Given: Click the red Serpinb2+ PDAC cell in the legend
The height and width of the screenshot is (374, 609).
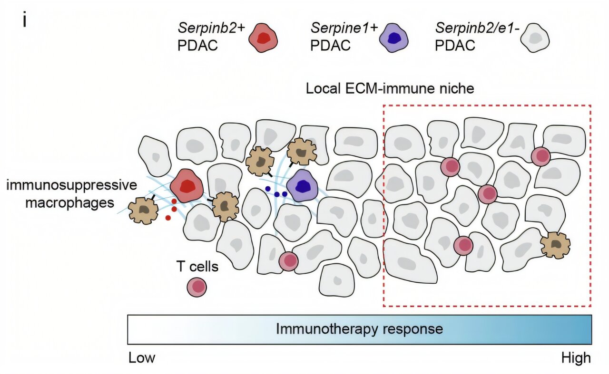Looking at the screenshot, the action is point(263,38).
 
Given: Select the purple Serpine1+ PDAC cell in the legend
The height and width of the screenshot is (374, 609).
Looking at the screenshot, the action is point(393,38).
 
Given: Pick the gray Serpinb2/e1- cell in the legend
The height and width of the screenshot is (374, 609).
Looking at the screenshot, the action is point(535,38).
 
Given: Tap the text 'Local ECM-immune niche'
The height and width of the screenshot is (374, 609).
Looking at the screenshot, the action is point(390,88).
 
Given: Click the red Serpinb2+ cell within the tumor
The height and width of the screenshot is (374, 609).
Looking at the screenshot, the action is point(187,186).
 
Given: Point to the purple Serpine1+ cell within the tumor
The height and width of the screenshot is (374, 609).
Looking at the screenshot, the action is point(302,186).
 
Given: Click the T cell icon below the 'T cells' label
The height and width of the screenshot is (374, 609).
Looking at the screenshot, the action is point(196,287).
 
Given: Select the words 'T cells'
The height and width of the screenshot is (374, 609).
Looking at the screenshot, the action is point(197,266).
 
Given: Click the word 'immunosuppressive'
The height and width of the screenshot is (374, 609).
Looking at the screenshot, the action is point(71,185).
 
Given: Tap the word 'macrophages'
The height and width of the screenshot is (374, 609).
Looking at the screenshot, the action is point(69,203).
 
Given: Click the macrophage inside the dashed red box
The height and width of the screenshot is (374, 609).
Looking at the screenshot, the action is point(555,245).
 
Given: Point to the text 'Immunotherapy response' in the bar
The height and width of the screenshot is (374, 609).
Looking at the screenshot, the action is point(359,329).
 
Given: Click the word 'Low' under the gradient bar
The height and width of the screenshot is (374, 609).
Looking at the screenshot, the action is point(142,358).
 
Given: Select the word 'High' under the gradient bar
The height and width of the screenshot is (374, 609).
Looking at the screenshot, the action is point(576,358).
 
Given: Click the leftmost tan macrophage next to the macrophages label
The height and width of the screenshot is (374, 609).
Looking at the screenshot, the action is point(143,211).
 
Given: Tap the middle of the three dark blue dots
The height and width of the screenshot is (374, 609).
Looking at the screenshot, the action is point(277,194).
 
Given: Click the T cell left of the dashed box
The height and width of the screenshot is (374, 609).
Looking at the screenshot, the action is point(288,261).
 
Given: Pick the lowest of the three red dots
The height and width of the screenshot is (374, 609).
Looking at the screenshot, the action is point(168,218).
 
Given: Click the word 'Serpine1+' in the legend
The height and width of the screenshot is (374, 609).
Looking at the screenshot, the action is point(344,28).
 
